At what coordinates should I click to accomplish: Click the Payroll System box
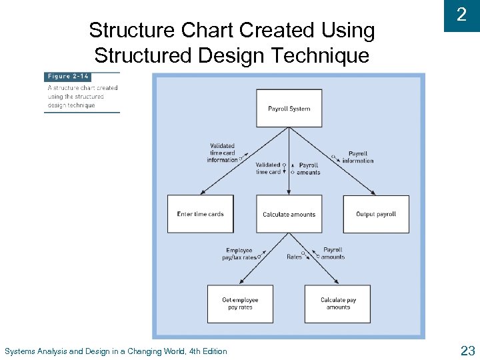pyautogui.click(x=289, y=108)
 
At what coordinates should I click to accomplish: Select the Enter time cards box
pyautogui.click(x=200, y=214)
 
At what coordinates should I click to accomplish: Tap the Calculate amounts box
pyautogui.click(x=289, y=214)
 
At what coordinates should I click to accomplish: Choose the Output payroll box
pyautogui.click(x=376, y=214)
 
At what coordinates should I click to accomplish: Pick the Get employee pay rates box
pyautogui.click(x=240, y=303)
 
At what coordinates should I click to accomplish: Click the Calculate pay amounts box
pyautogui.click(x=338, y=303)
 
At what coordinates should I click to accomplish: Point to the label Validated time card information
pyautogui.click(x=222, y=153)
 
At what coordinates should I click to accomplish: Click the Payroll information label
pyautogui.click(x=358, y=157)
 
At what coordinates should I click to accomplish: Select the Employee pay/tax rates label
pyautogui.click(x=239, y=254)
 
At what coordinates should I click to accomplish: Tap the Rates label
pyautogui.click(x=294, y=257)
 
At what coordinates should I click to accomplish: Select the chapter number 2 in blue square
pyautogui.click(x=461, y=15)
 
